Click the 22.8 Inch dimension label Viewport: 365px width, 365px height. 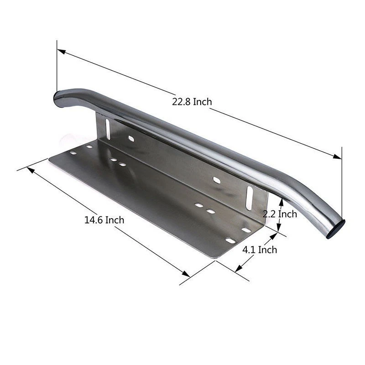[192, 102]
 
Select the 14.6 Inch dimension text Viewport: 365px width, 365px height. [104, 220]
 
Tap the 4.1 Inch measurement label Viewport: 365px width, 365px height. [260, 250]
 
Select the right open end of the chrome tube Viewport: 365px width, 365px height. [337, 228]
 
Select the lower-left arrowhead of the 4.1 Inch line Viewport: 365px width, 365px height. [239, 269]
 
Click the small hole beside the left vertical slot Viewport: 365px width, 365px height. [131, 138]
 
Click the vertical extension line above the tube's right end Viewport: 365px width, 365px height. [341, 182]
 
